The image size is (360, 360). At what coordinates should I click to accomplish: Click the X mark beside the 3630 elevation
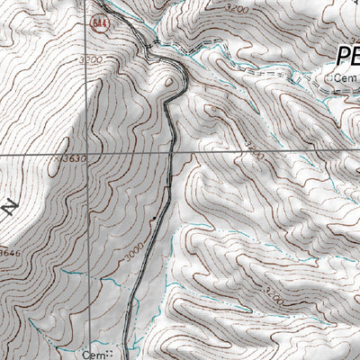pyautogui.click(x=60, y=158)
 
